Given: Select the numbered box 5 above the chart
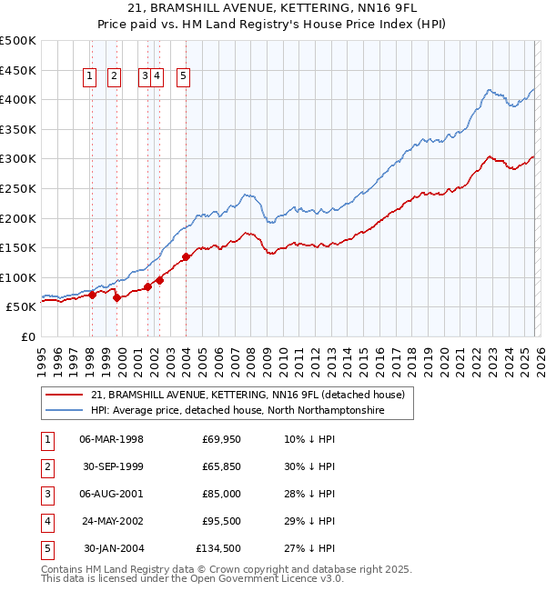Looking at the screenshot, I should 184,77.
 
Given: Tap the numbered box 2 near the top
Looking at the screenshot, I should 115,77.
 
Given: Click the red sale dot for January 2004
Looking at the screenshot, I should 187,256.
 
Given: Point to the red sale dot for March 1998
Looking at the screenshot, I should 92,295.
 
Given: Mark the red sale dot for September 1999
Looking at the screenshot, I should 117,297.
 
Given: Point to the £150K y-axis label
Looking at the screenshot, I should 18,247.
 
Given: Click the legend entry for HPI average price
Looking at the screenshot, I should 238,411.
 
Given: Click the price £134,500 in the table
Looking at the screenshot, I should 218,548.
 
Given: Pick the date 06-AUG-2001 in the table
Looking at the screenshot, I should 112,494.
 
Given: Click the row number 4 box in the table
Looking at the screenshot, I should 46,521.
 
